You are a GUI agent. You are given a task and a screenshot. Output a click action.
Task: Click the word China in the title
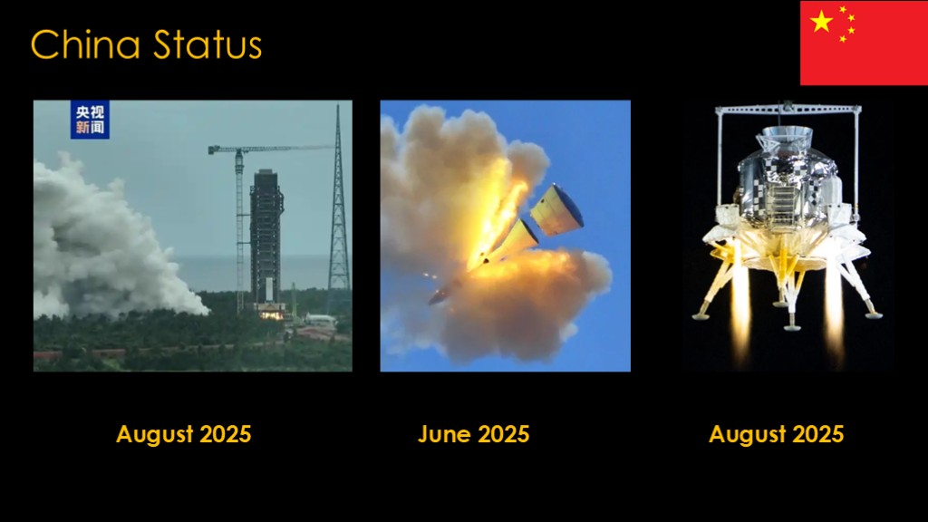[x=85, y=44]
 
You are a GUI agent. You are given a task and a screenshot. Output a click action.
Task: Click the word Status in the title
[x=208, y=44]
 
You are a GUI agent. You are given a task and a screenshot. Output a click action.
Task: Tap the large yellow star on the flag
[x=821, y=22]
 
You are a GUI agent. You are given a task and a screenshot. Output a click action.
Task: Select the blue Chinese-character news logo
[x=90, y=120]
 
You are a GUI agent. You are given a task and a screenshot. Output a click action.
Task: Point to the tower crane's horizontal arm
[x=270, y=149]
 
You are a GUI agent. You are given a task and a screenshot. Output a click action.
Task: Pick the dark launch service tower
[x=266, y=237]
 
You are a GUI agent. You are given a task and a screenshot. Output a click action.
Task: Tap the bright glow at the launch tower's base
[x=271, y=314]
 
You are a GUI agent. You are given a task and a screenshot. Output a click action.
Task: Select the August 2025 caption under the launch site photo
[x=183, y=434]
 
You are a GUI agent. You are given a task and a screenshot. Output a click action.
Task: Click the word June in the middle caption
[x=444, y=434]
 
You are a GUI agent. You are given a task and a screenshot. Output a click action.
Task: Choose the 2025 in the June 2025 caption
[x=503, y=434]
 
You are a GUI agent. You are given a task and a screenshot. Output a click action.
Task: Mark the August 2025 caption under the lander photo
[x=776, y=434]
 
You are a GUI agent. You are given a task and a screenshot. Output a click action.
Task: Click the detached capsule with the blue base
[x=556, y=209]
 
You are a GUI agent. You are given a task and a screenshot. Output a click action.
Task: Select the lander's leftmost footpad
[x=701, y=315]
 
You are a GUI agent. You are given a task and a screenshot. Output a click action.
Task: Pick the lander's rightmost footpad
[x=875, y=315]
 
